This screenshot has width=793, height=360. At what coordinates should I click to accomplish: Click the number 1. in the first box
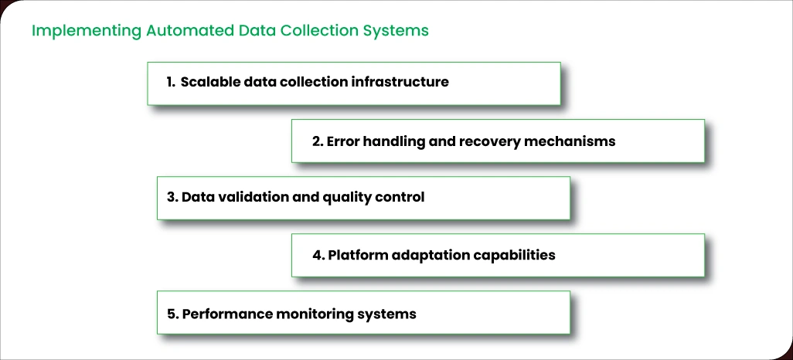[x=171, y=82]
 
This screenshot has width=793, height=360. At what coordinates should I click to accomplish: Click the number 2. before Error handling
[x=317, y=141]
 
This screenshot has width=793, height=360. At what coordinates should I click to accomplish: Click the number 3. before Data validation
[x=172, y=197]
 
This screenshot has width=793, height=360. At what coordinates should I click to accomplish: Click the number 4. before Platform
[x=318, y=255]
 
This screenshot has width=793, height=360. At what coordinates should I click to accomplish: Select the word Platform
[x=358, y=255]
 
